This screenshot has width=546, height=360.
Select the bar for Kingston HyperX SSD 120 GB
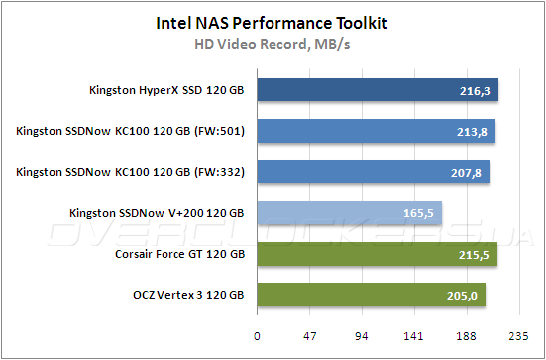click(377, 90)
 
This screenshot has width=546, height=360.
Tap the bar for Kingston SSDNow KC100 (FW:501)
click(376, 131)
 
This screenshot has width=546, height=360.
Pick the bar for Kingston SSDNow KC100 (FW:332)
click(373, 172)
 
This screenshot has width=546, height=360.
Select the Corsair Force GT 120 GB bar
click(377, 253)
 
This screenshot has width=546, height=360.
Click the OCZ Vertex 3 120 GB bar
click(372, 294)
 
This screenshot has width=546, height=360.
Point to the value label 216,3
click(475, 90)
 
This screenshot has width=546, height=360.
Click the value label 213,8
click(472, 131)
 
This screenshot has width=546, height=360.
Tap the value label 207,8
click(466, 172)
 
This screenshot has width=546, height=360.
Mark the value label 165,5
click(419, 212)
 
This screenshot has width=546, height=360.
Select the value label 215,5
click(474, 253)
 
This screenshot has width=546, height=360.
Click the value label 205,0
click(463, 294)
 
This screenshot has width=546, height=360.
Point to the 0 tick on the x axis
click(257, 334)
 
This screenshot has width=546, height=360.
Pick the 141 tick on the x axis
click(414, 334)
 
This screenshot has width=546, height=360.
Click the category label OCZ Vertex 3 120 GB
click(188, 294)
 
